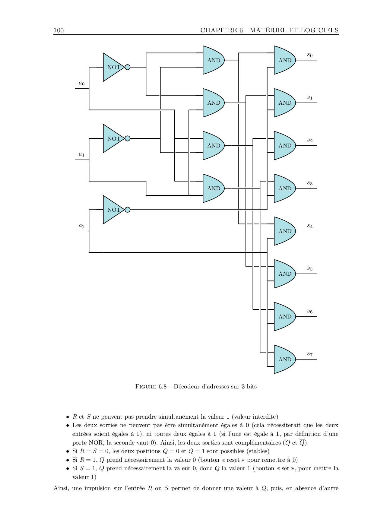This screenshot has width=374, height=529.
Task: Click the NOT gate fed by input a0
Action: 113,67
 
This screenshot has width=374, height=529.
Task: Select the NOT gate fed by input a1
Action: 113,138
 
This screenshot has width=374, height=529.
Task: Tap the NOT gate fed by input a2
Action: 113,210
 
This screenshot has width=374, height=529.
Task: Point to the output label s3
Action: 310,183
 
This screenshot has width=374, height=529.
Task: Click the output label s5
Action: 310,268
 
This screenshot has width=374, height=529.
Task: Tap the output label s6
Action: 310,311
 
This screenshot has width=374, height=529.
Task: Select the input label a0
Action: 81,83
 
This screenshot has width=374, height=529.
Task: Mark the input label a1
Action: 81,154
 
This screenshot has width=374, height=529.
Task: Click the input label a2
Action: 81,226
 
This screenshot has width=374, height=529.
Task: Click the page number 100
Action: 59,30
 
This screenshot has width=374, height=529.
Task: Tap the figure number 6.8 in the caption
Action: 163,387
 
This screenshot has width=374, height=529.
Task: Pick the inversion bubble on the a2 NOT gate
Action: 128,210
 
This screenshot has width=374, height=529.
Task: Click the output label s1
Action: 310,97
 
